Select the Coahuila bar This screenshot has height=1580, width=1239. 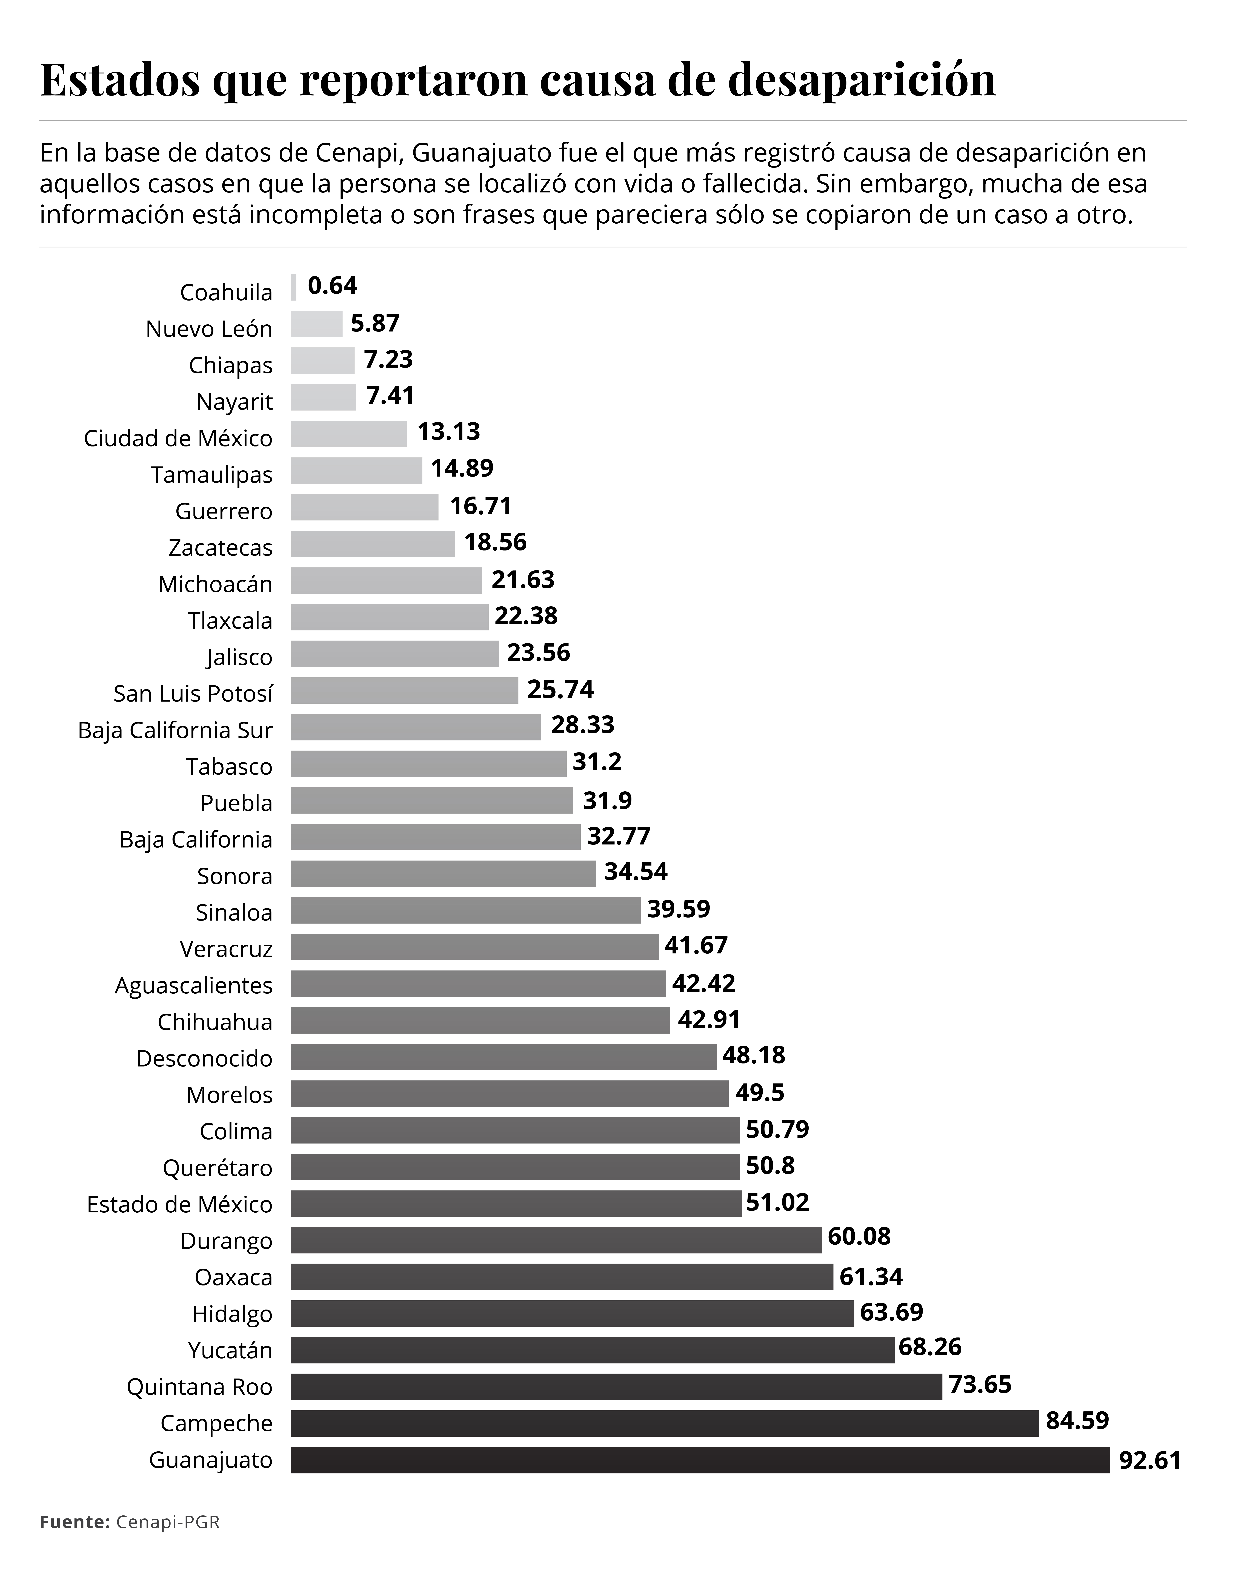(x=293, y=287)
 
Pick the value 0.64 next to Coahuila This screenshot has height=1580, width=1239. (x=332, y=286)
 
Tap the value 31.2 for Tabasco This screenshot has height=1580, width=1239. (x=597, y=761)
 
